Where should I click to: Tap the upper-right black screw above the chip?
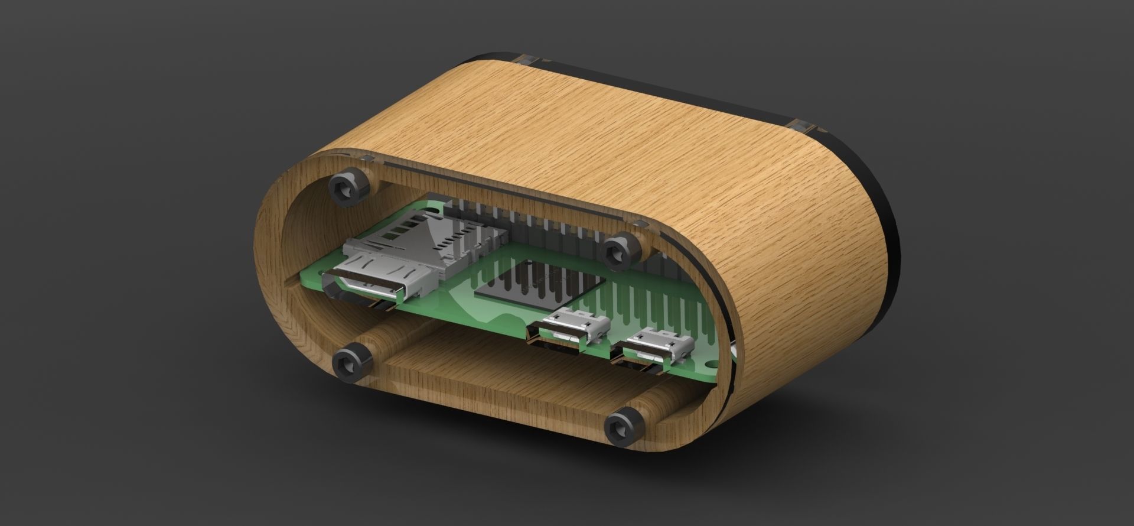coord(621,251)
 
